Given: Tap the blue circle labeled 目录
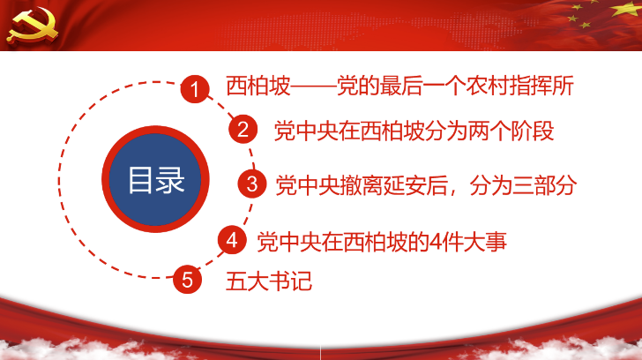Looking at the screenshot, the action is [155, 179].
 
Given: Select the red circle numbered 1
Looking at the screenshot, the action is [195, 89].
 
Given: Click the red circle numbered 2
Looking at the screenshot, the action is [243, 129].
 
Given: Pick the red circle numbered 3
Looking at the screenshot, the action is [252, 184].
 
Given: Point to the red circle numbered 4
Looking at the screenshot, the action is [232, 240].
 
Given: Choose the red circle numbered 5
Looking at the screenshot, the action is [187, 280].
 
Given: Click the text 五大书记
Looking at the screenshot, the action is [269, 281].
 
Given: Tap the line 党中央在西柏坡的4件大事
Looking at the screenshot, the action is [382, 242].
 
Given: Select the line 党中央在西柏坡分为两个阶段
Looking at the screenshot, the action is [414, 131].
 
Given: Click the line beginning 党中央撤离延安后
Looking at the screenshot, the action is [426, 185].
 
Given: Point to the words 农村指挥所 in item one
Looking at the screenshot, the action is [519, 86].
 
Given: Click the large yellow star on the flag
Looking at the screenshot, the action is [626, 8].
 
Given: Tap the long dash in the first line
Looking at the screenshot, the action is [314, 86].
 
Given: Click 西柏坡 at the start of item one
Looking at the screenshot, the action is [258, 86].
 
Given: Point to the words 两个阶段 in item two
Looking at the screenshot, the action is [511, 131].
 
